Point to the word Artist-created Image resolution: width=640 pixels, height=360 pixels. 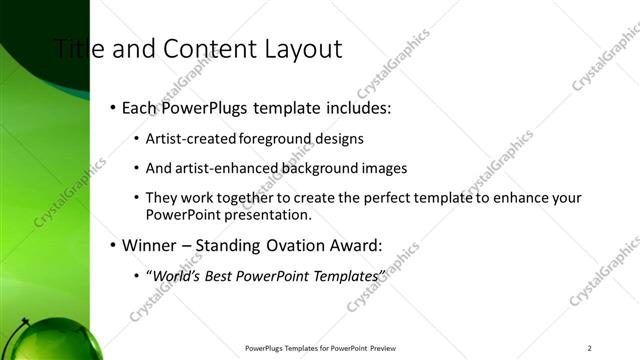pos(186,139)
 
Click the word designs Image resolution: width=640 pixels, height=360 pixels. pos(335,139)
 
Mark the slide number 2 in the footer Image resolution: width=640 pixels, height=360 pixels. pos(590,348)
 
